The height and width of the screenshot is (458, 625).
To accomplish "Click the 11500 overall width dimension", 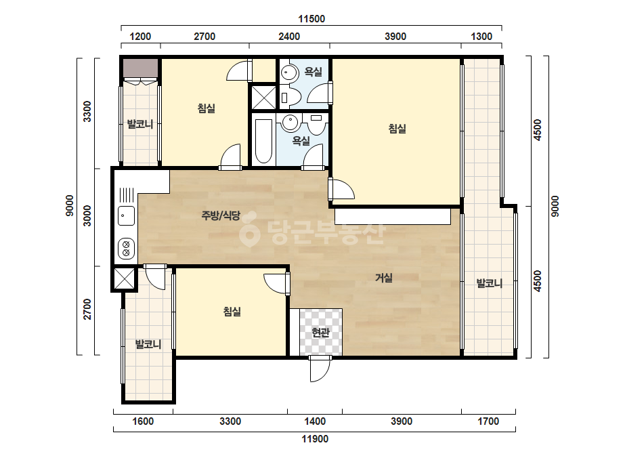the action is [311, 19].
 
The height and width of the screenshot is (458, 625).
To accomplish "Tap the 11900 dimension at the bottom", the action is [315, 439].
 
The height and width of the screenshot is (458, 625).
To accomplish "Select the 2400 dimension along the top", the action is [289, 37].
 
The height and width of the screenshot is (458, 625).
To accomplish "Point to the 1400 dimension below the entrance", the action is [315, 421].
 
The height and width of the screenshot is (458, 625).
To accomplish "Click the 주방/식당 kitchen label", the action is [221, 216].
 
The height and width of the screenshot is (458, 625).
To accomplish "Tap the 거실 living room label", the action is [384, 278].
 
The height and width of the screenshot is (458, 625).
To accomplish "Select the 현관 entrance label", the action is [320, 332].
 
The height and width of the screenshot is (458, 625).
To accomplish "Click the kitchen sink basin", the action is [126, 216].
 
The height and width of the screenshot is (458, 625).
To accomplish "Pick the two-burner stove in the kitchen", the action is [126, 248].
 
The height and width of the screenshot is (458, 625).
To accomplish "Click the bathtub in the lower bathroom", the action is [263, 140].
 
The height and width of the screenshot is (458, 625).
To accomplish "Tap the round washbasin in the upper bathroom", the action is [288, 73].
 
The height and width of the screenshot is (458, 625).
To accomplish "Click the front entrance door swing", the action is [320, 370].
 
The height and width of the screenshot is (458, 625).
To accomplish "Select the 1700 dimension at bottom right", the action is [488, 421].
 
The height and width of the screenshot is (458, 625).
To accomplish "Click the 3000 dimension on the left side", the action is [87, 215].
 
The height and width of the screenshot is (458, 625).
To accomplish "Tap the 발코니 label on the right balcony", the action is [490, 284].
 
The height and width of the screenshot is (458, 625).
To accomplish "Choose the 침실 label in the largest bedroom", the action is [397, 129].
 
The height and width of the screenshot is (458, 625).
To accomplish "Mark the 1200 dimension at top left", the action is [140, 37].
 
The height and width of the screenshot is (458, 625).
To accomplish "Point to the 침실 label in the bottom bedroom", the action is [232, 311].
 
